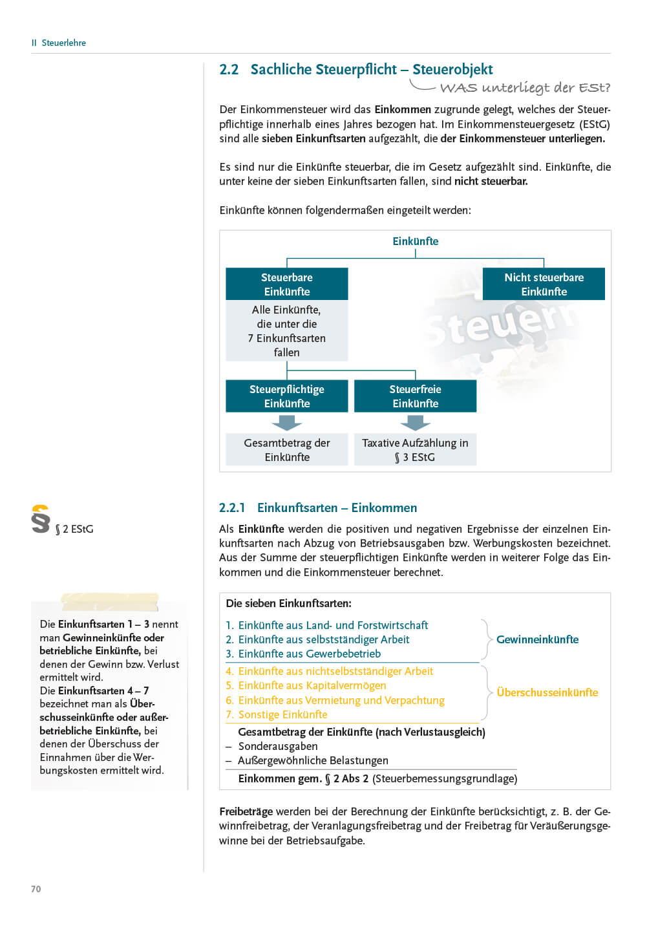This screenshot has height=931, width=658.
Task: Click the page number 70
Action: tap(36, 889)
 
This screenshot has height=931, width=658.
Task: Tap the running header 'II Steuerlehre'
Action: tap(59, 43)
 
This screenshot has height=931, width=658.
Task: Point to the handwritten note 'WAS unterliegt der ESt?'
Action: tap(524, 87)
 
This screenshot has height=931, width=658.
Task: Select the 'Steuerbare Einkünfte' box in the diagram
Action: tap(286, 284)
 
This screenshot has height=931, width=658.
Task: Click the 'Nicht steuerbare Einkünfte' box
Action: tap(544, 284)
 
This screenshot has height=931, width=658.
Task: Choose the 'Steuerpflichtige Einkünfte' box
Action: tap(286, 396)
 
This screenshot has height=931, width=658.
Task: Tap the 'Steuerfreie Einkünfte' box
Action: tap(415, 396)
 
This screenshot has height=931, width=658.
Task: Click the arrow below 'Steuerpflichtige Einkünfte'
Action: tap(286, 423)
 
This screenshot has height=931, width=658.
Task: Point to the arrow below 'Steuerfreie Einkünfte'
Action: tap(415, 423)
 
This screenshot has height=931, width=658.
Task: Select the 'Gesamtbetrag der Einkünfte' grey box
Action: tap(286, 450)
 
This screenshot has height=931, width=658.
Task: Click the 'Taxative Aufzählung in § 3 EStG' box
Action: tap(415, 450)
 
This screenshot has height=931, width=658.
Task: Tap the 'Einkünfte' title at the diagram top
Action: tap(415, 241)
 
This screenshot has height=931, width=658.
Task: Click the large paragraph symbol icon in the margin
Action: tap(40, 519)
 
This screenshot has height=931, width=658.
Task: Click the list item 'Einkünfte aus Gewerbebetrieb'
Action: tap(309, 654)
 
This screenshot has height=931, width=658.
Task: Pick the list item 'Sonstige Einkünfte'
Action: tap(282, 714)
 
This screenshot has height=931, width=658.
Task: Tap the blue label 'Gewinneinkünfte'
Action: tap(537, 639)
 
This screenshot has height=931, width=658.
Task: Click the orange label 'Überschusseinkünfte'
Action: tap(547, 692)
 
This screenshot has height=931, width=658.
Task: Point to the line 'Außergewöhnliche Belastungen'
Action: tap(313, 760)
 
